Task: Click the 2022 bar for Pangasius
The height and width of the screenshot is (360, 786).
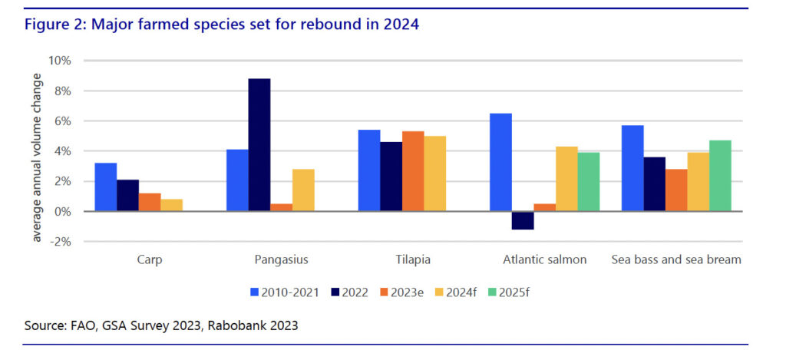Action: coord(259,145)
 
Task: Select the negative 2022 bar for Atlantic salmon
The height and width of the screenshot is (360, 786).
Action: coord(500,220)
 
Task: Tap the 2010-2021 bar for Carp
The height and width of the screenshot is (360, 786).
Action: coord(105,187)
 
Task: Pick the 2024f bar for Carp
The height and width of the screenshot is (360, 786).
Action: coord(172,205)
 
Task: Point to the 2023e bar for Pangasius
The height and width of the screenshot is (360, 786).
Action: coord(281,207)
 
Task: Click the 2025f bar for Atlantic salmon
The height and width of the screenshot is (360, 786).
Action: coord(589,182)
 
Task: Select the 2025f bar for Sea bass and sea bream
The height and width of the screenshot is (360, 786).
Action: coord(721,176)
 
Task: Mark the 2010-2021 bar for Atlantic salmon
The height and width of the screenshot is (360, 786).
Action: coord(500,162)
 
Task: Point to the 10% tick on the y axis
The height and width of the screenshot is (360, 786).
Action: coord(61,61)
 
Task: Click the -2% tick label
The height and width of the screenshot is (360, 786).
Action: coord(59,241)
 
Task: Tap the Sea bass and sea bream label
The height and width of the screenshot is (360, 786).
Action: coord(676,259)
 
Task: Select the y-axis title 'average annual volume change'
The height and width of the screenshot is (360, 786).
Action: coord(36,151)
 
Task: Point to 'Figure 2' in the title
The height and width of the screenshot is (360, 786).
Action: coord(54,25)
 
